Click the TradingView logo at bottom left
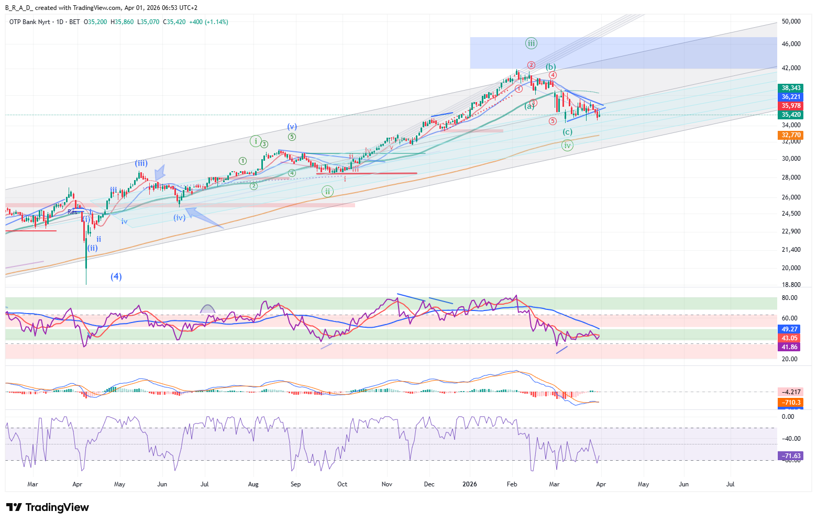[47, 507]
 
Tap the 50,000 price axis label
[791, 21]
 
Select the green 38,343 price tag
[791, 88]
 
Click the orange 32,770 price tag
[791, 135]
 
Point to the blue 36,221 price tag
[791, 97]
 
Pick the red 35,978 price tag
[791, 106]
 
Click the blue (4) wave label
[116, 276]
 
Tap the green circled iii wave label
[531, 43]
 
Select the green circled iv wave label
[567, 146]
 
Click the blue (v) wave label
[292, 127]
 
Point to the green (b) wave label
[550, 67]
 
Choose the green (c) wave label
[567, 132]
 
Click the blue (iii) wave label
[141, 163]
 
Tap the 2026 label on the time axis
[470, 484]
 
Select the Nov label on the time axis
[387, 484]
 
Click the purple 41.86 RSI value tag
[789, 347]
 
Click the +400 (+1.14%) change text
[208, 22]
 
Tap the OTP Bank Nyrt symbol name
[29, 22]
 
